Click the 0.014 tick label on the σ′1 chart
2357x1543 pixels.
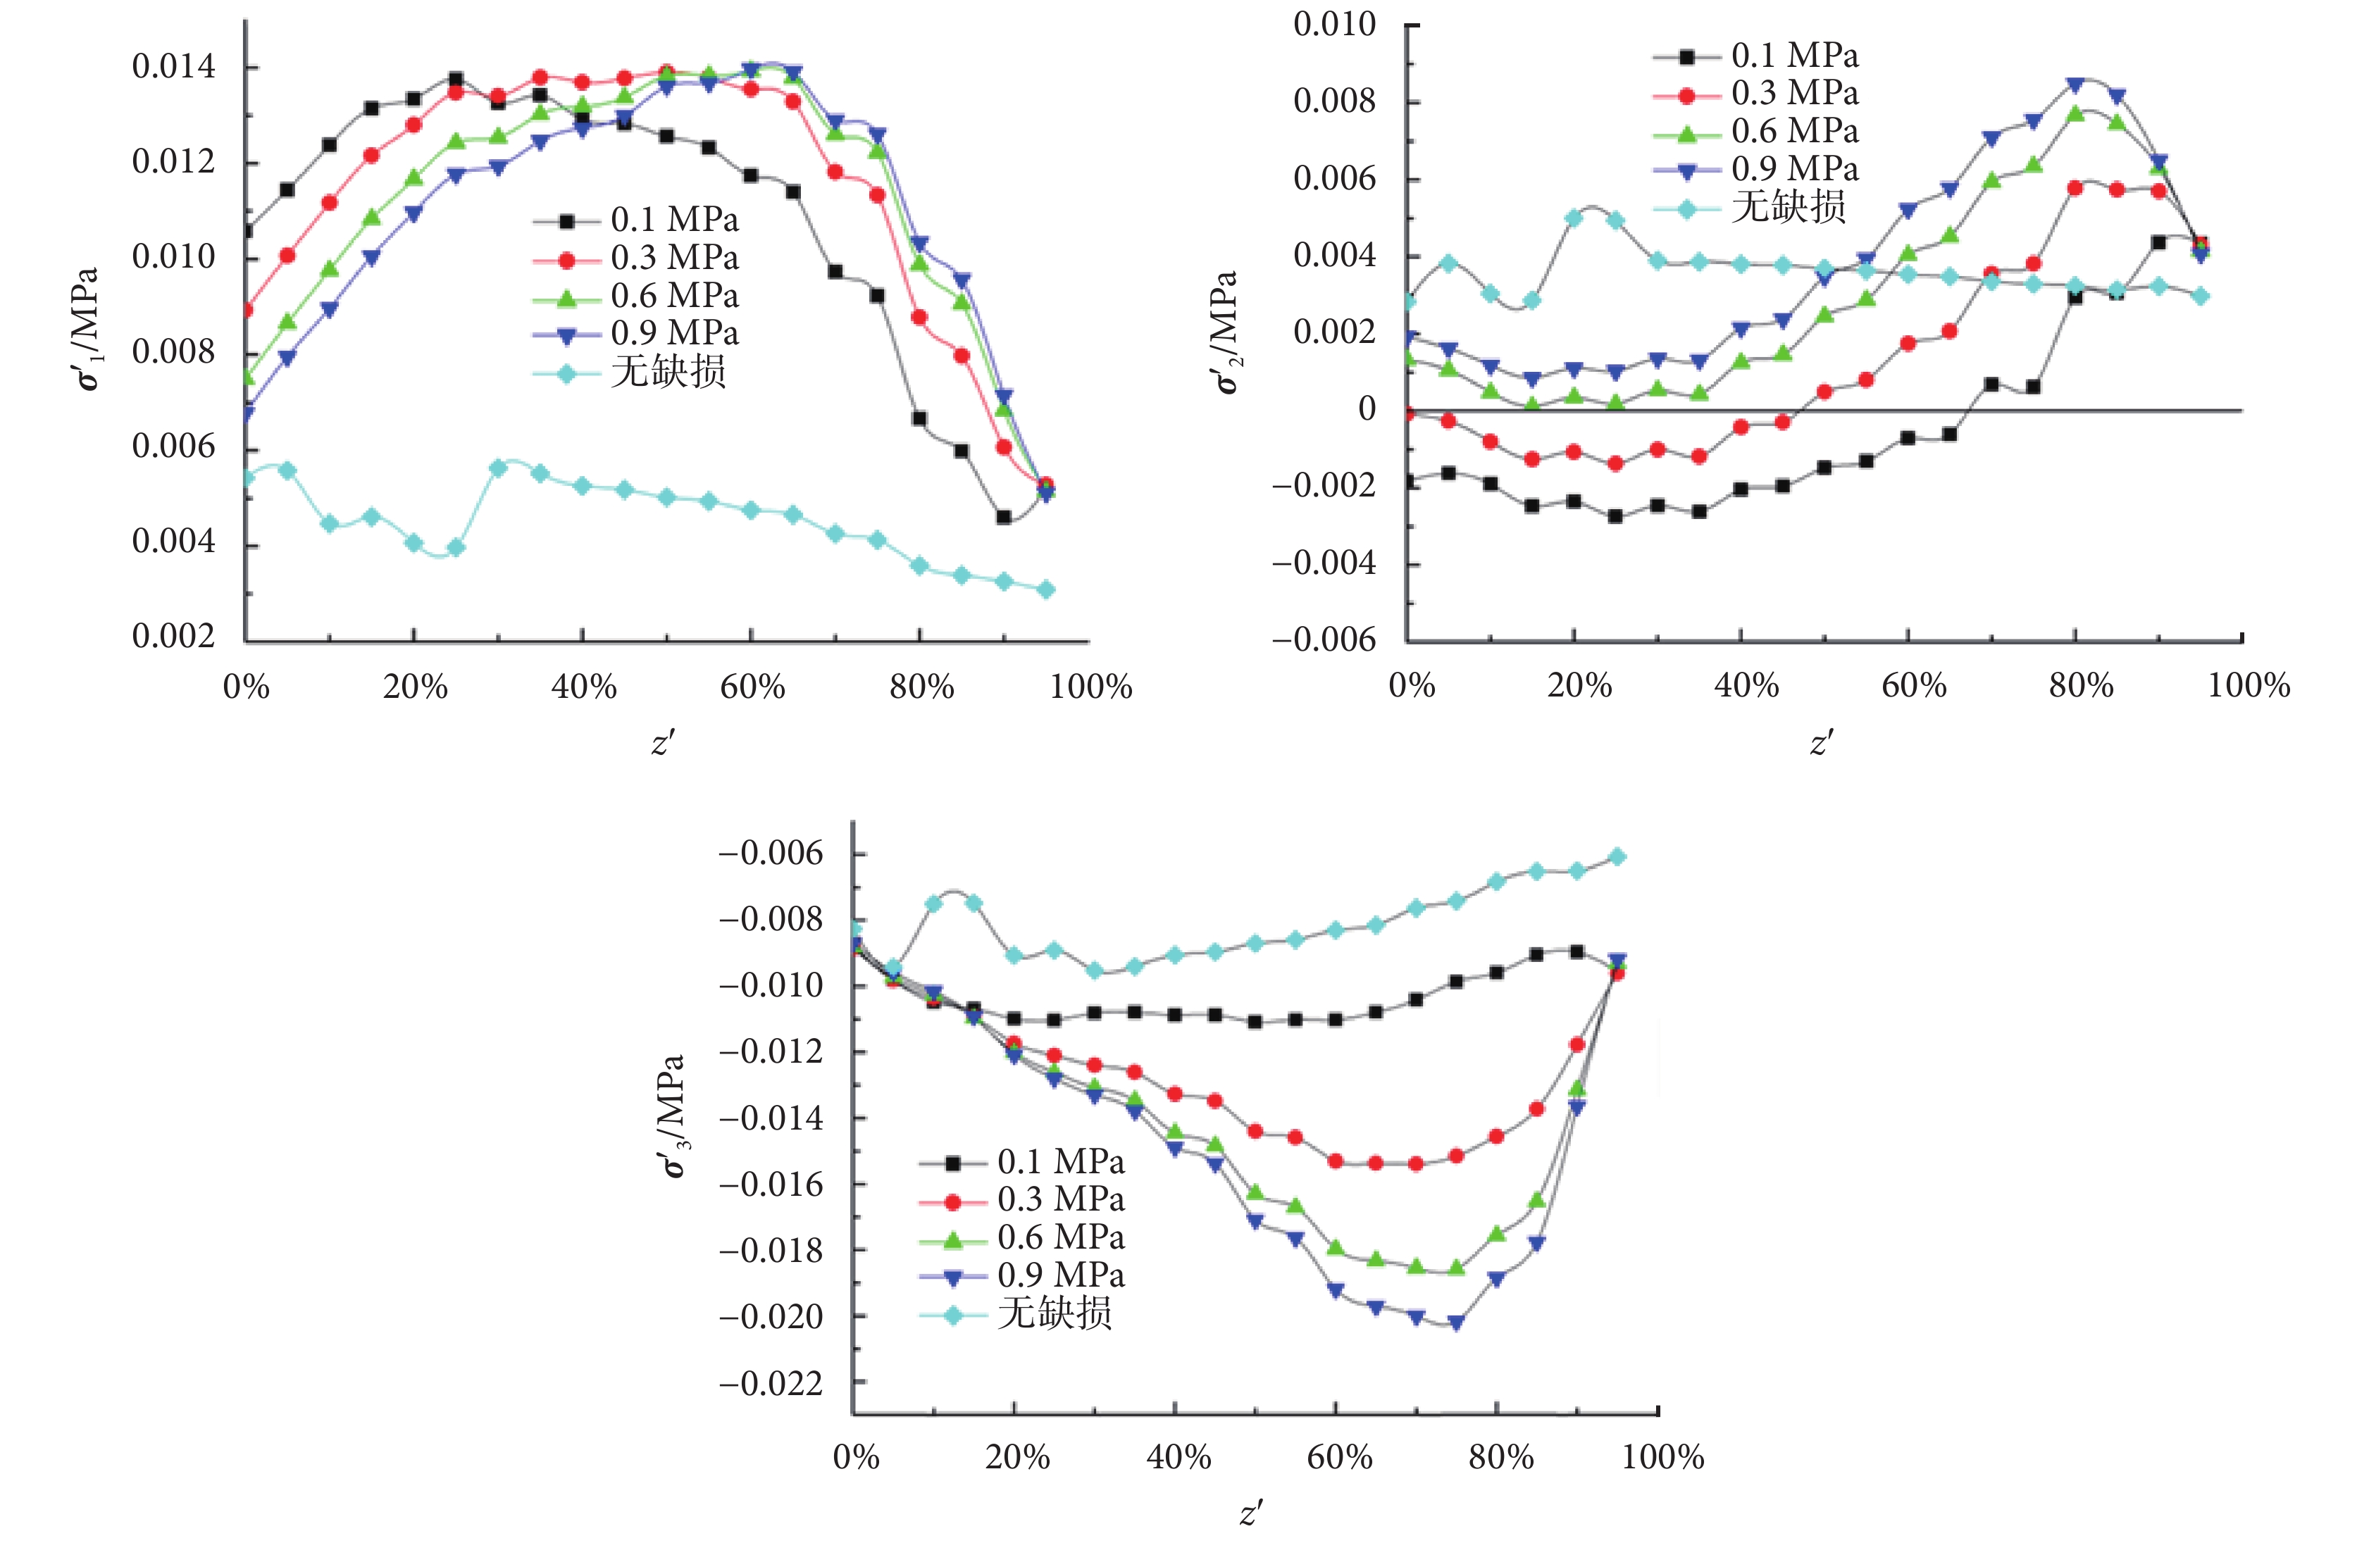173,68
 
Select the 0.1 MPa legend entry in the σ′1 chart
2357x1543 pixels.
673,220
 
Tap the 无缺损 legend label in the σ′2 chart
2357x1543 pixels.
1788,207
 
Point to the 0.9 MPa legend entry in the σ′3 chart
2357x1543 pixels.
1059,1275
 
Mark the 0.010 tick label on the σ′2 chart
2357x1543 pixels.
1334,25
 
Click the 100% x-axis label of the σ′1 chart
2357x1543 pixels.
1090,687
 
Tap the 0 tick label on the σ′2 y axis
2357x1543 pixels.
1367,408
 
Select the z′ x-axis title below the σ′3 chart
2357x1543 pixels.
1251,1512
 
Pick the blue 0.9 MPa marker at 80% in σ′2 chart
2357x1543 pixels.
2075,85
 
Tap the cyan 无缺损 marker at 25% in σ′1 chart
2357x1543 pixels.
456,548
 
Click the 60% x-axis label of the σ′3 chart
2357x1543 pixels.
1339,1457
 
